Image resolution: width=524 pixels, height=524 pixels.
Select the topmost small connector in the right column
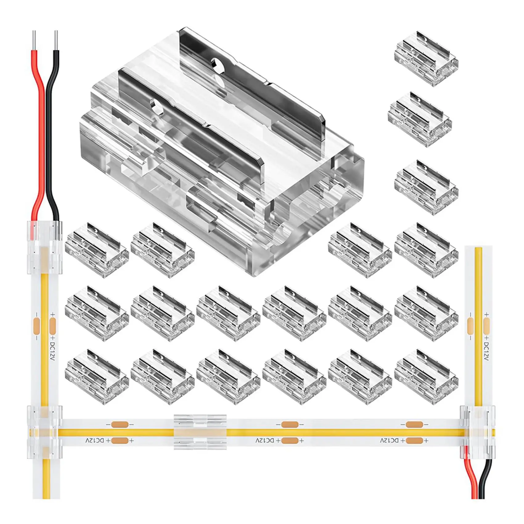click(x=426, y=59)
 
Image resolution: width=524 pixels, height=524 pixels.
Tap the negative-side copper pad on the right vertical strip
click(x=471, y=325)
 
